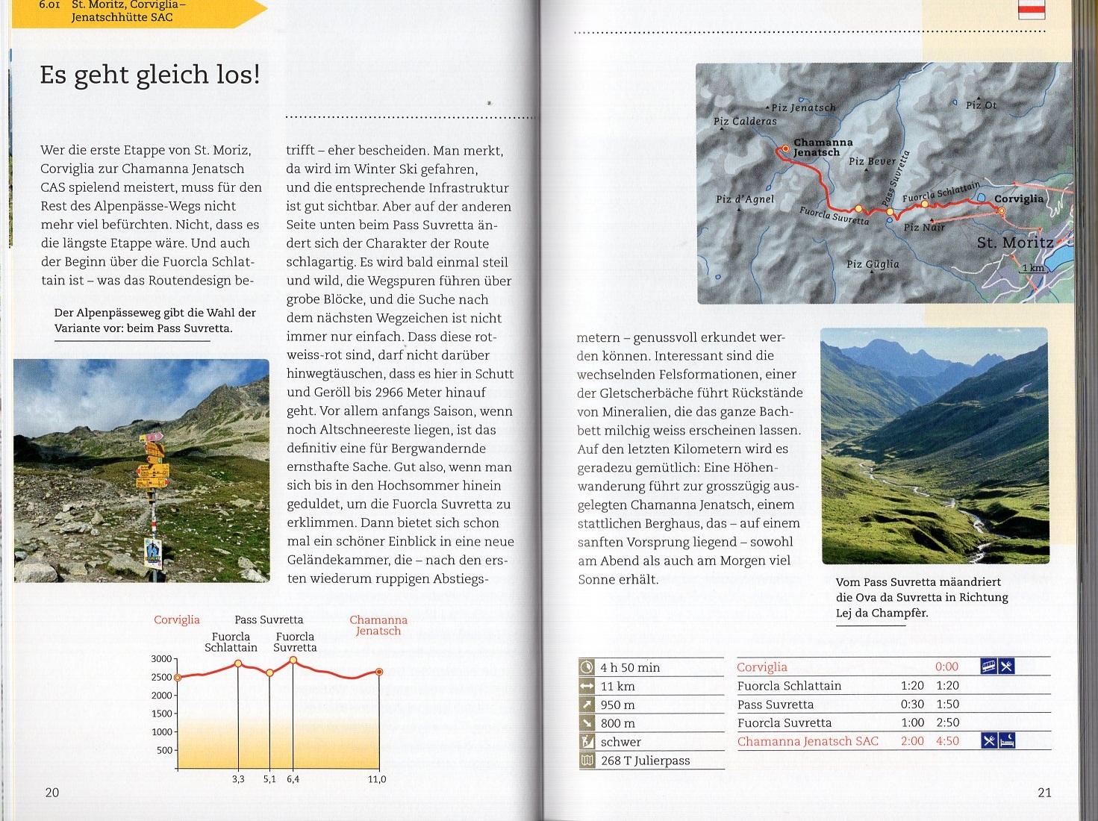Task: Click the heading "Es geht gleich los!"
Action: [150, 75]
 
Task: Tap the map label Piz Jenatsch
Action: [803, 107]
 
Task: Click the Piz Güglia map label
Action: [873, 264]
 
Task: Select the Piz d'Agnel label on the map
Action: [744, 199]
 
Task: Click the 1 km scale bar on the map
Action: [1033, 269]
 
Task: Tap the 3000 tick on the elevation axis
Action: [161, 659]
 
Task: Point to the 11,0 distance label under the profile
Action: [377, 779]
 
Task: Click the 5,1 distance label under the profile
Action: [269, 779]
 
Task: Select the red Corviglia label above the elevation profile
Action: [177, 619]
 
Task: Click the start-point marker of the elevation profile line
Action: [178, 678]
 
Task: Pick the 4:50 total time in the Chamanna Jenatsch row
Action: [947, 741]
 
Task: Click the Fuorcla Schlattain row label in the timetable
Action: [789, 686]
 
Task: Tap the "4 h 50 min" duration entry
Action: [630, 668]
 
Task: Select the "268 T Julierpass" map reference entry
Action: [645, 761]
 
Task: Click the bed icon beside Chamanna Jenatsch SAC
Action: [1006, 740]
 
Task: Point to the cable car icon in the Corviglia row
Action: [988, 667]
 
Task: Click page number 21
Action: [1044, 793]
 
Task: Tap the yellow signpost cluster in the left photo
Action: [152, 463]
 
